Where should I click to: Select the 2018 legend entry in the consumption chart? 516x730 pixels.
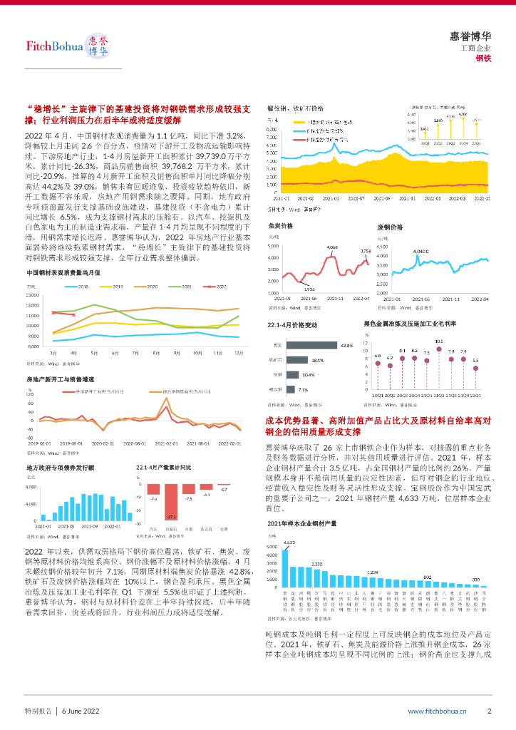click(x=78, y=286)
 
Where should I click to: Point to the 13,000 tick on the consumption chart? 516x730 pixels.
click(x=34, y=295)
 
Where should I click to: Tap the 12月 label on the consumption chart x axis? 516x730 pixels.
click(x=239, y=352)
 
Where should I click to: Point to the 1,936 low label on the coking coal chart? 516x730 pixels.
click(x=309, y=289)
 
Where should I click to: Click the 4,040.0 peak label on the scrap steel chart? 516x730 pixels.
click(x=420, y=252)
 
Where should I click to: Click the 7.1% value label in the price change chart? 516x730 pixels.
click(x=303, y=390)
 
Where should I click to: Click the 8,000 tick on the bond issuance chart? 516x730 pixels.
click(x=32, y=487)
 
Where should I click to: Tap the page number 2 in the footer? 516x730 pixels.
click(x=489, y=711)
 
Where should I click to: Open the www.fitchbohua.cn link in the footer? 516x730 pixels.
click(x=437, y=711)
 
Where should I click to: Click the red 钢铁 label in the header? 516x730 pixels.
click(x=484, y=58)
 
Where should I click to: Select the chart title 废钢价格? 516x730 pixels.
click(x=390, y=227)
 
